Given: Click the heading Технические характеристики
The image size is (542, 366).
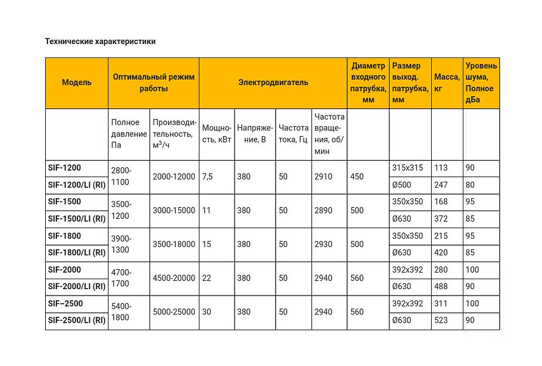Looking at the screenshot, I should pos(100,41).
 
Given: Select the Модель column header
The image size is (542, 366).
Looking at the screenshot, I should pos(77,83).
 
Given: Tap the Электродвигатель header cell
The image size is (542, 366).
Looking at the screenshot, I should pos(273,83).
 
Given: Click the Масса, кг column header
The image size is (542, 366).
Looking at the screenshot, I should pos(447,83).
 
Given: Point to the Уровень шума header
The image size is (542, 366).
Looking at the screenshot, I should pos(481,83).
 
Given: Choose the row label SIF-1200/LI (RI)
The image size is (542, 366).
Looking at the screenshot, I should pos(77,185).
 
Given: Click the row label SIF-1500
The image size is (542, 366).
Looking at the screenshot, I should pos(65,202).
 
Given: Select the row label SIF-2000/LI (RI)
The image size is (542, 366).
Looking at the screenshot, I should pos(77,286).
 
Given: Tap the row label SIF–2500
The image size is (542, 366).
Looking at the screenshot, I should pos(66,303).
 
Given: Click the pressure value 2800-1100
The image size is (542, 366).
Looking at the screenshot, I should pos(121,176).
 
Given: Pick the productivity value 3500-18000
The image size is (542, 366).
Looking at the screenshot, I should pos(174,244).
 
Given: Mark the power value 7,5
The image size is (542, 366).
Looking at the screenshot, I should pos(208,177).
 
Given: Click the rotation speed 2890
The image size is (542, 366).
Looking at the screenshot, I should pos(323,211).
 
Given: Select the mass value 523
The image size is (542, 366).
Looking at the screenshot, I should pos(441,320).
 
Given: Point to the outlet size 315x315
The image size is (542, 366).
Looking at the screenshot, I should pos(407,168).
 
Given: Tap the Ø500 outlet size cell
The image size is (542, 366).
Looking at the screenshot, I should pos(402,185).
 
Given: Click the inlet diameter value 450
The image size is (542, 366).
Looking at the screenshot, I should pos(357,177).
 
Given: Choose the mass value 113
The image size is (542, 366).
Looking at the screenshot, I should pos(441,168).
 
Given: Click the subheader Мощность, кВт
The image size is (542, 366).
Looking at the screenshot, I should pos(216,134).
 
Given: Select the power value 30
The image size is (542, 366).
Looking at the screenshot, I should pos(206,312).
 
